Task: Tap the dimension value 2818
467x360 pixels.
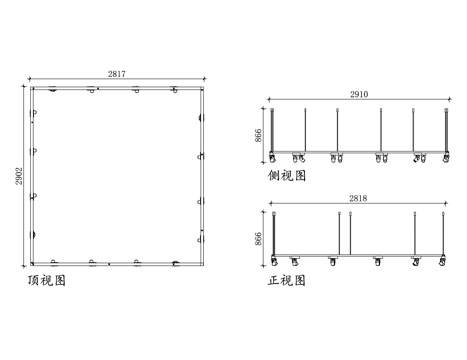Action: (358, 199)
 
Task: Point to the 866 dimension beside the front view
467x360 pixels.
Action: (259, 238)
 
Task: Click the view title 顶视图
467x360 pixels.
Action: (47, 282)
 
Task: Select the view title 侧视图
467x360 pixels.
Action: (287, 175)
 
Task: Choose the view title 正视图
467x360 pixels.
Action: (287, 280)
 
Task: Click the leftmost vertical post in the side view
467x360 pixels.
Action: (273, 131)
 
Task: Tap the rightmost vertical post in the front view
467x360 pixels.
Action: (442, 235)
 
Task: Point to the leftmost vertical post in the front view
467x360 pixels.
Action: (273, 235)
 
